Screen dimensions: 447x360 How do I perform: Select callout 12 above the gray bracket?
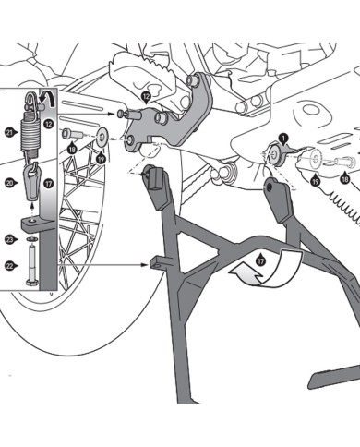coord(148,96)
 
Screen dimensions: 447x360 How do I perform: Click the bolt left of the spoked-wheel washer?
coord(70,136)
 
